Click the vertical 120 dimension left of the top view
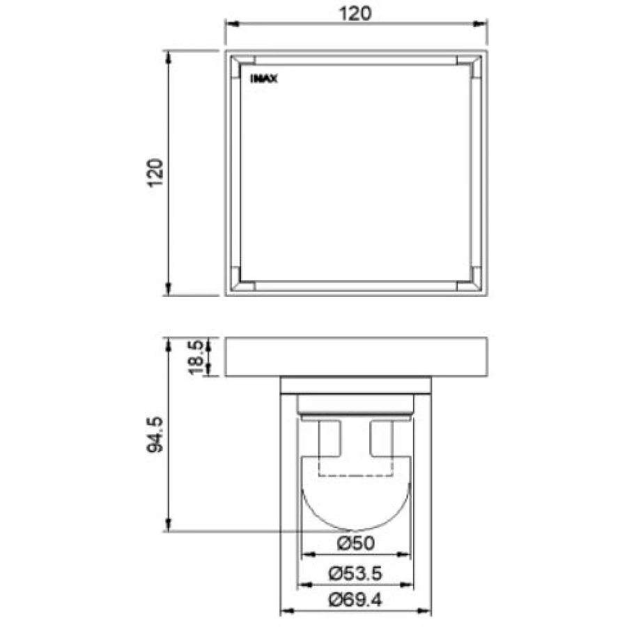tap(155, 172)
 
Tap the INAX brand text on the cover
tap(263, 79)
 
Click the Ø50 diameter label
tap(355, 543)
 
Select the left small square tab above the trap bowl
tap(329, 438)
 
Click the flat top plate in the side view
tap(355, 357)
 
